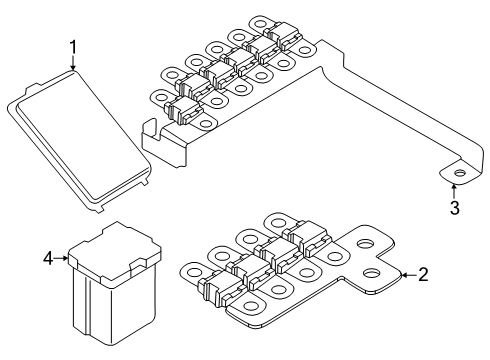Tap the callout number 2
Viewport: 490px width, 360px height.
click(422, 274)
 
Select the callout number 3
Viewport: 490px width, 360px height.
click(454, 208)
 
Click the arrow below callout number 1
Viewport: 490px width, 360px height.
click(73, 65)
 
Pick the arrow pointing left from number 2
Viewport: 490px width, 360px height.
click(402, 273)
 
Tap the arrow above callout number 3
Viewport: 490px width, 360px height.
click(454, 189)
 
